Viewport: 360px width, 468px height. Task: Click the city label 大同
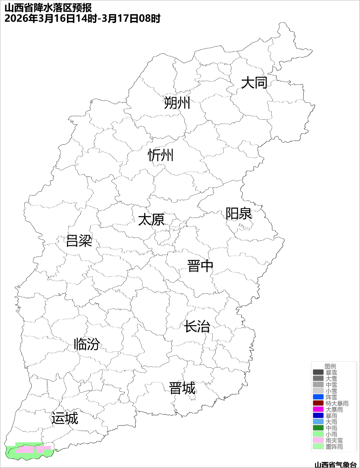(x=254, y=82)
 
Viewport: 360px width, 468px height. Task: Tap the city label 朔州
(x=177, y=102)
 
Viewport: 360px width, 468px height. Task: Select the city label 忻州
(x=161, y=155)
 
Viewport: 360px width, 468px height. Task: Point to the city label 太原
(x=151, y=220)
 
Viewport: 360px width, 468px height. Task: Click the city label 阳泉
(x=239, y=213)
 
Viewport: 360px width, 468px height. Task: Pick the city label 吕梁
(x=79, y=241)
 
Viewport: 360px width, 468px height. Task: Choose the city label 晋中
(x=200, y=266)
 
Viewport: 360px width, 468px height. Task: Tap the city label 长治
(x=197, y=326)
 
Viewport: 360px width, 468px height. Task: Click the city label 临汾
(x=87, y=344)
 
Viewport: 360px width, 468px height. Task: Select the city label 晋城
(x=182, y=388)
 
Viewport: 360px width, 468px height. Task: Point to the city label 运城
(x=65, y=418)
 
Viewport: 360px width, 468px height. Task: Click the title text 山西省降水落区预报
(x=48, y=8)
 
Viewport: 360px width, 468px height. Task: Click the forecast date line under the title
(x=82, y=18)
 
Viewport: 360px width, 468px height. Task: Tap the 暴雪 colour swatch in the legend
(x=318, y=372)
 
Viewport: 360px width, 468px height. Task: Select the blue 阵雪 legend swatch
(x=318, y=397)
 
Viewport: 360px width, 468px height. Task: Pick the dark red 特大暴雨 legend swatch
(x=318, y=403)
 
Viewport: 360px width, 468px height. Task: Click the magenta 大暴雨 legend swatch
(x=318, y=409)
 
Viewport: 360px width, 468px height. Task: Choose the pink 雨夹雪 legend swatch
(x=318, y=440)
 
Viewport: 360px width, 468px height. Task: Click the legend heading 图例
(x=330, y=366)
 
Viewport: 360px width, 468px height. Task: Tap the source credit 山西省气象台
(x=336, y=464)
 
